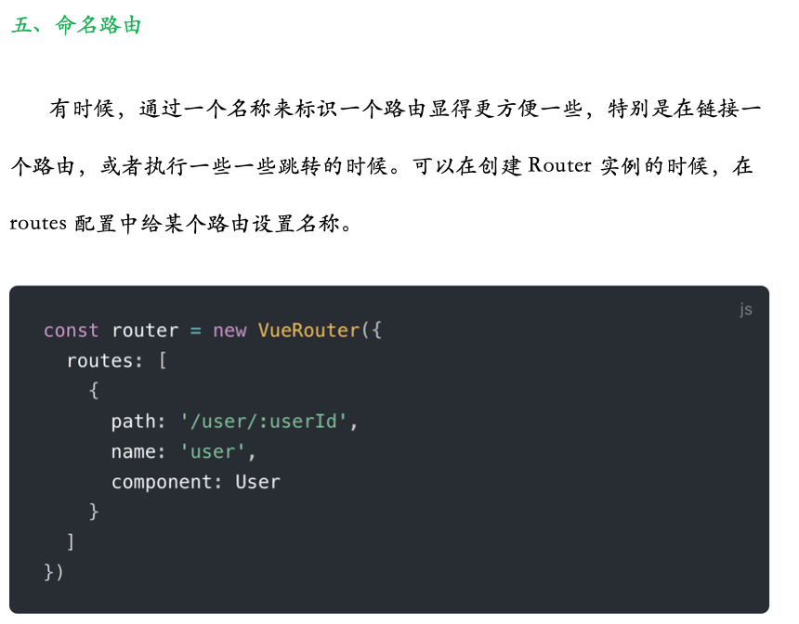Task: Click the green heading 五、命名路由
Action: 76,25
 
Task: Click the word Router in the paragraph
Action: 559,166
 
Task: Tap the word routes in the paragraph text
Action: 37,224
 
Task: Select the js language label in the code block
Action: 745,309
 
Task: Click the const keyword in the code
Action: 71,331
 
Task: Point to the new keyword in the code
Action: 229,331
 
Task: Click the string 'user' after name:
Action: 213,452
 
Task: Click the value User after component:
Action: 257,482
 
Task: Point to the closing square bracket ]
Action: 71,542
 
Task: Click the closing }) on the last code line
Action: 54,572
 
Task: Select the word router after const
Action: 145,331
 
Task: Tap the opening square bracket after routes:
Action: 162,360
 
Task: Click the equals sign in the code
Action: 195,331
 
